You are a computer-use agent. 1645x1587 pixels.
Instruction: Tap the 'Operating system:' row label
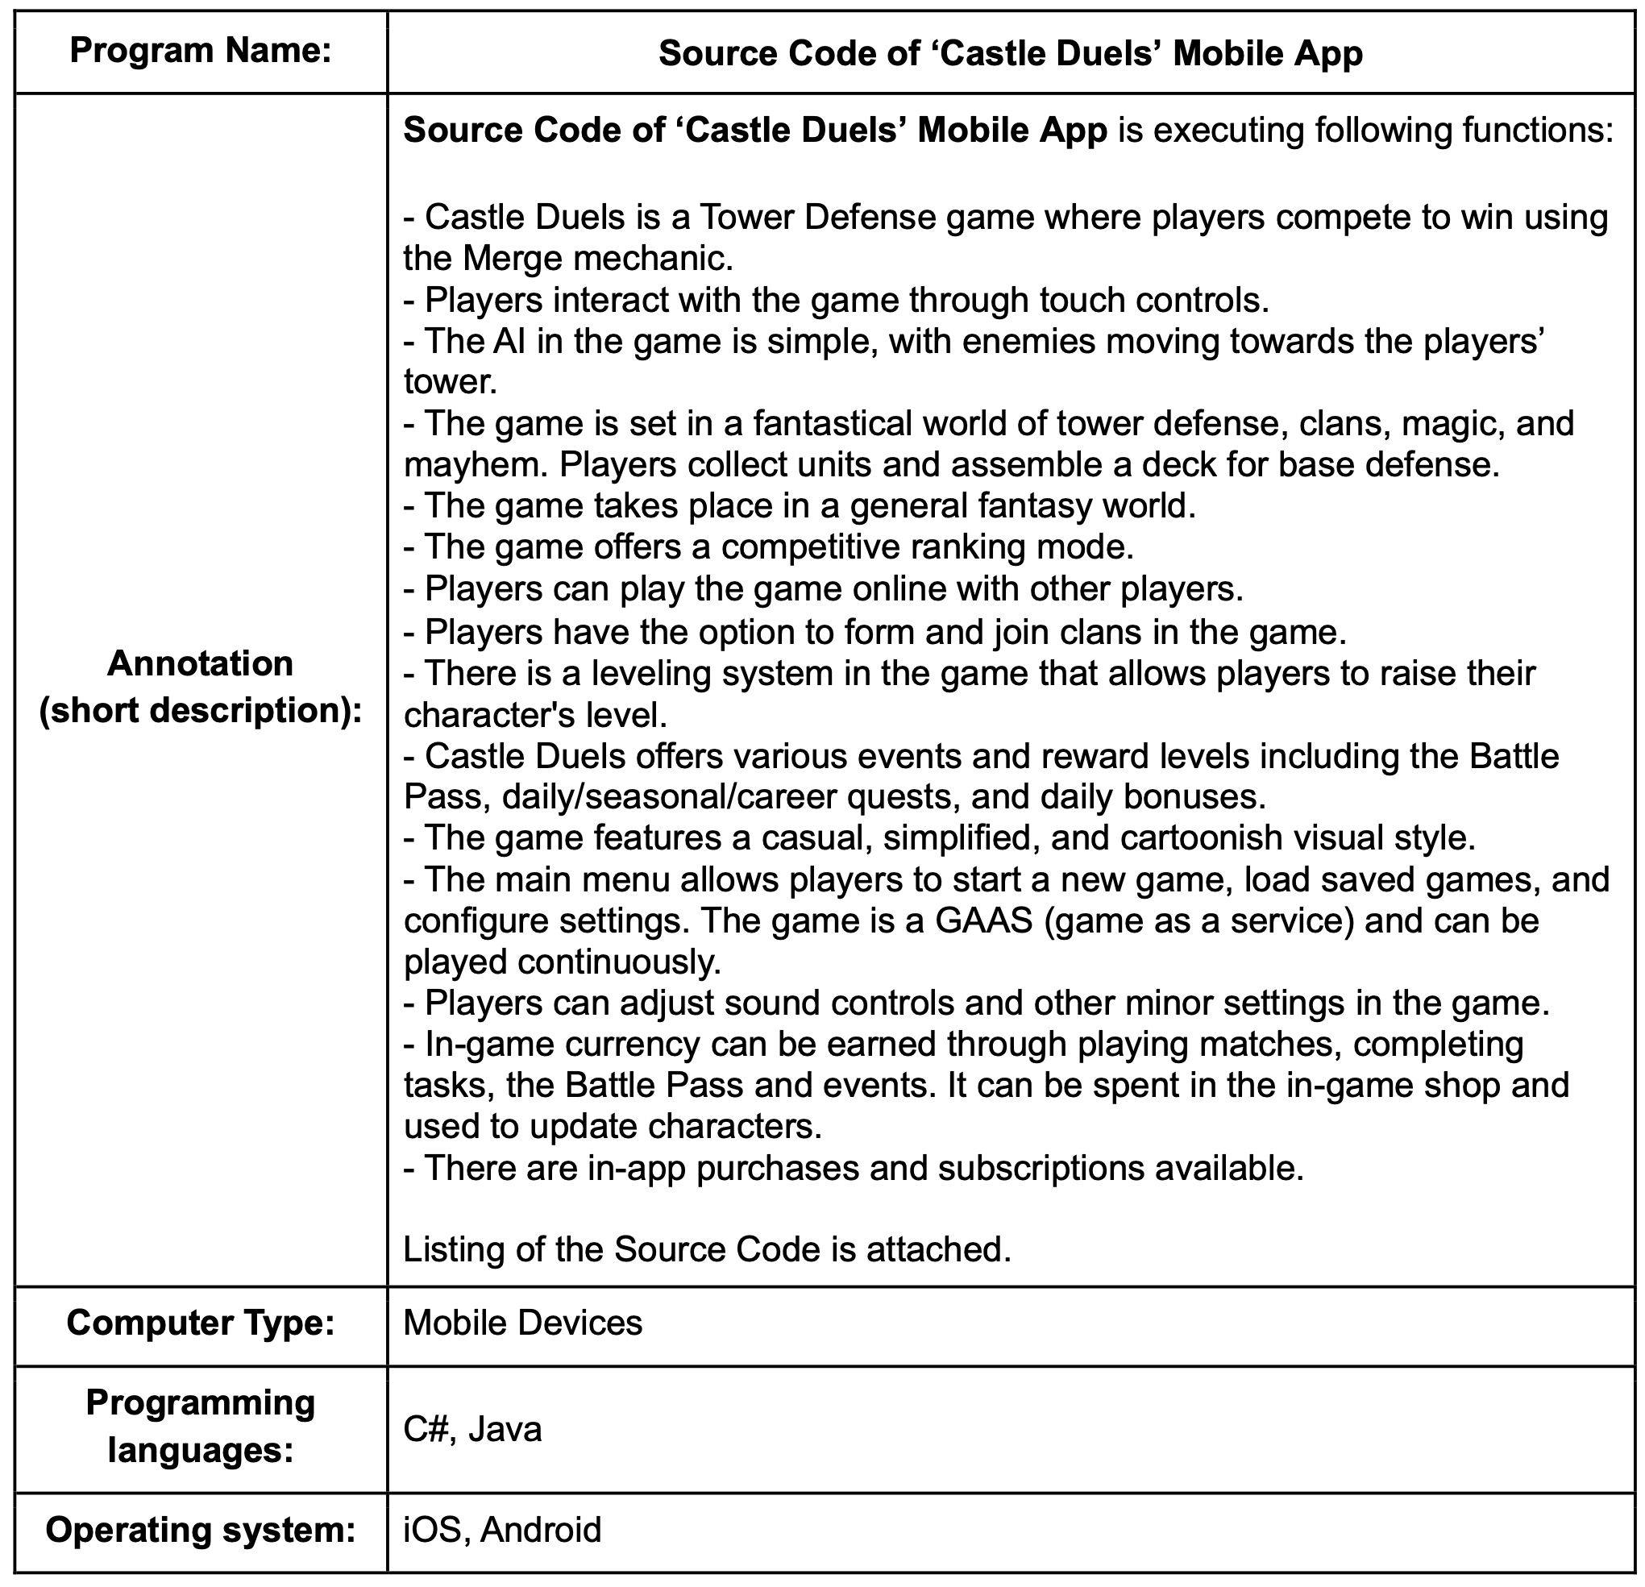coord(201,1529)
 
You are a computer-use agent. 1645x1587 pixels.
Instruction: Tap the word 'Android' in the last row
coord(541,1529)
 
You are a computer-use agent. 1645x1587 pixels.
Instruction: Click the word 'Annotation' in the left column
coord(201,663)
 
